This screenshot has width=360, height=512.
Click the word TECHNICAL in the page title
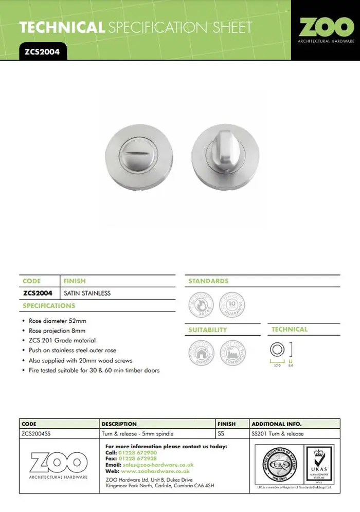tap(62, 27)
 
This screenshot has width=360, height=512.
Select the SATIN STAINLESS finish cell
tap(87, 294)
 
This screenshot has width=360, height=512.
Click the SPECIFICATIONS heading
tap(49, 306)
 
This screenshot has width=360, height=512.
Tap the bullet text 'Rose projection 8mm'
tap(57, 331)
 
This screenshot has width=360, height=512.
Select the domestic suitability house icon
tap(201, 353)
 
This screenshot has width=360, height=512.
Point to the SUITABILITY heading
tap(208, 330)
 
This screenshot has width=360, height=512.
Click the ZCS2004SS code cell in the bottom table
tap(37, 434)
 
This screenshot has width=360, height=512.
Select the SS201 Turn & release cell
tap(278, 434)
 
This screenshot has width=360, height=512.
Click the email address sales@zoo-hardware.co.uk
tap(156, 465)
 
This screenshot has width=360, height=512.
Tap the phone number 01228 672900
tap(138, 452)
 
